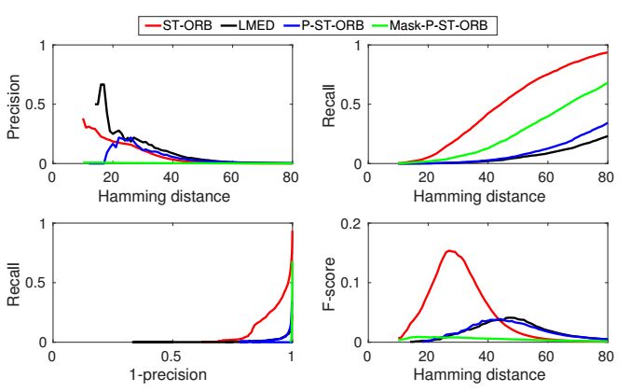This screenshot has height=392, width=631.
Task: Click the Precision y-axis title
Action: point(13,104)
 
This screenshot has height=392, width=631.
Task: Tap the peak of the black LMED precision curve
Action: point(103,84)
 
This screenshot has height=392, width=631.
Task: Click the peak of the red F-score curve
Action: point(449,250)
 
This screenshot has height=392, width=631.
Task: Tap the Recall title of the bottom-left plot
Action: point(13,283)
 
